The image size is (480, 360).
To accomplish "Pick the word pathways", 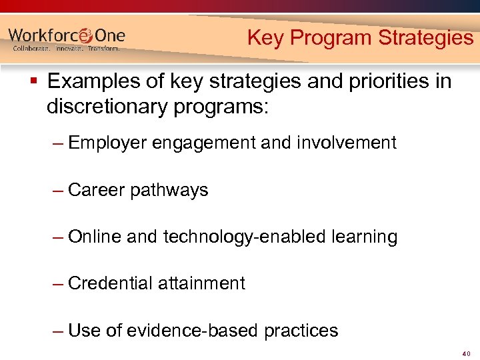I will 169,191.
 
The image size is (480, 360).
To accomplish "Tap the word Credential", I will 110,283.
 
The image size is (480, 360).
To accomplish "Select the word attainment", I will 201,283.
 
